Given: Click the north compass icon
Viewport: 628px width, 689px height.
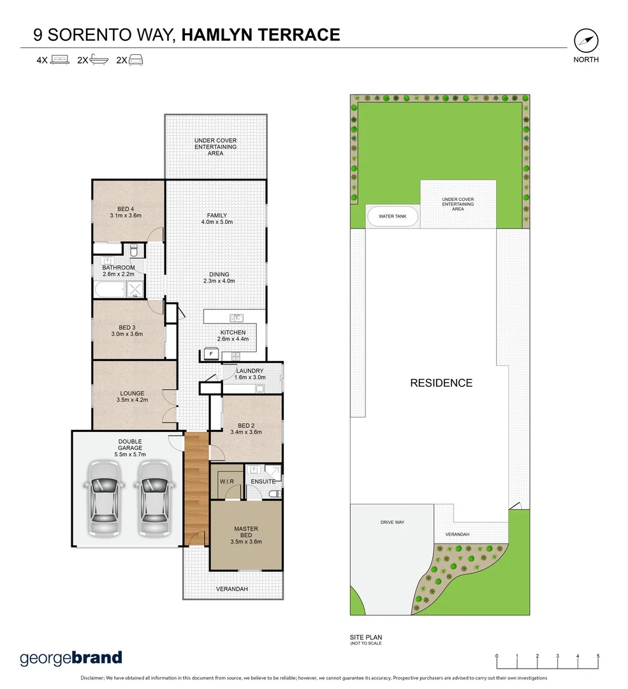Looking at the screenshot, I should [586, 41].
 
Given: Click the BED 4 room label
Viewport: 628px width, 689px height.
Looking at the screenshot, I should [126, 209].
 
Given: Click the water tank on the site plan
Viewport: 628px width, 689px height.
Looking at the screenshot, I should [393, 216].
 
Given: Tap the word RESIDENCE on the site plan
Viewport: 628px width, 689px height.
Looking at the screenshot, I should [441, 383].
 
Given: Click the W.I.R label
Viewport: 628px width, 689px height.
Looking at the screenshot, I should [226, 481].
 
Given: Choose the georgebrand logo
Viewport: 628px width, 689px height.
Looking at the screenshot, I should [71, 658].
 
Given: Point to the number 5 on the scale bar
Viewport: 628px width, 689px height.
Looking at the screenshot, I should [598, 656].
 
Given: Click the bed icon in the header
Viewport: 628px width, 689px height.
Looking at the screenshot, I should [59, 61].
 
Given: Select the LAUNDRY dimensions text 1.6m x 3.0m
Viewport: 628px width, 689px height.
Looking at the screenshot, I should [251, 378].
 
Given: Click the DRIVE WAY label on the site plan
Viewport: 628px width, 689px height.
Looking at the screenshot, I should [393, 522].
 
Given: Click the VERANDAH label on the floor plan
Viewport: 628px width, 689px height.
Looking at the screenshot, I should [231, 588].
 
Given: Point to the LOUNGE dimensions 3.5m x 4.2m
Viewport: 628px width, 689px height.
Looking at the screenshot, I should [132, 400].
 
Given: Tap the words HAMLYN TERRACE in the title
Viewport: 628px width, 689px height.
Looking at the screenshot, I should [261, 34].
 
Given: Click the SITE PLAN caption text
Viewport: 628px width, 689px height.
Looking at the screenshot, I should [366, 637].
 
